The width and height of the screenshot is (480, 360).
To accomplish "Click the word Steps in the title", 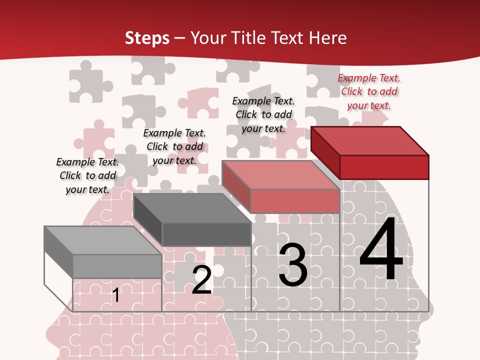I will (147, 38).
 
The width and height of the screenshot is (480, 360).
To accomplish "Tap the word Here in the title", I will (327, 38).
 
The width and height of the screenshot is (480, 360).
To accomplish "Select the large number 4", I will (381, 249).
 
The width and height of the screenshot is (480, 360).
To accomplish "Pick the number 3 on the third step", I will (293, 265).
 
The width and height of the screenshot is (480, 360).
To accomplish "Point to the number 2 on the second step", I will (201, 280).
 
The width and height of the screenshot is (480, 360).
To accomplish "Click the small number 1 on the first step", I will (115, 295).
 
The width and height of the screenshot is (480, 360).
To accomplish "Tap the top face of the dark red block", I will (370, 140).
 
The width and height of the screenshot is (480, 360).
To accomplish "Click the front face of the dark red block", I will (384, 167).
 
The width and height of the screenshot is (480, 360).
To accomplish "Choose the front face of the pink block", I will (295, 201).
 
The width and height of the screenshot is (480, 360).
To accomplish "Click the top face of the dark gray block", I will (192, 208).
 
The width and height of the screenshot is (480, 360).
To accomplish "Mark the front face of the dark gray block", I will (206, 234).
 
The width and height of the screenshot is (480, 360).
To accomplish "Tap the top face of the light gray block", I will (103, 240).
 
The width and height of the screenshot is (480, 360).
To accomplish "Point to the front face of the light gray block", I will (117, 266).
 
